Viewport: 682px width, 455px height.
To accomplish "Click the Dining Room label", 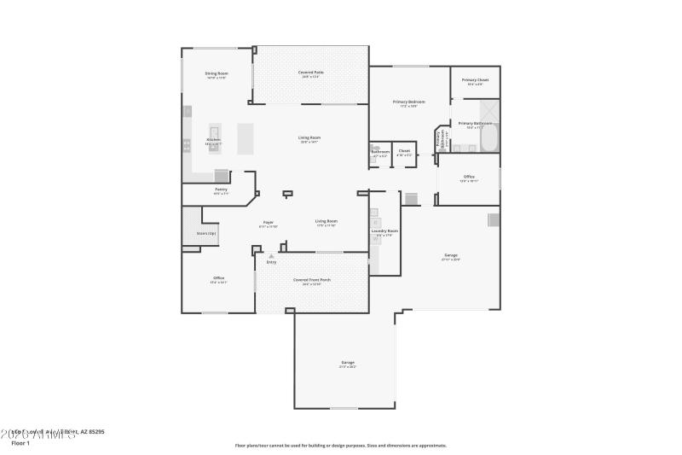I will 217,73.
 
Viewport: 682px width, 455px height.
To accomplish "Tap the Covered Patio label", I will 310,73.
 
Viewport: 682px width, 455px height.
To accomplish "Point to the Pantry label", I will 221,189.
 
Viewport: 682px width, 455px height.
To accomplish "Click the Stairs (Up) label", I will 206,233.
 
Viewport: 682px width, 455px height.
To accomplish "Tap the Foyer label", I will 268,221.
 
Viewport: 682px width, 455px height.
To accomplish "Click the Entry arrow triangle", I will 271,255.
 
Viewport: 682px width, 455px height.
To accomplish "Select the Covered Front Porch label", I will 312,280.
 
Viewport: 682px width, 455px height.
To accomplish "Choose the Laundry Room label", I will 384,230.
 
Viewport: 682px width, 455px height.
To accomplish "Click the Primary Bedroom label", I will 409,102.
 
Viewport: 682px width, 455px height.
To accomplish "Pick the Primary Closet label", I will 475,80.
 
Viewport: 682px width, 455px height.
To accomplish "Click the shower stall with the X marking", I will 490,111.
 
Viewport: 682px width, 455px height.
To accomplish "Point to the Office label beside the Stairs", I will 218,278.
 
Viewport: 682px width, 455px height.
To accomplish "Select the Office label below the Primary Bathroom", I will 469,177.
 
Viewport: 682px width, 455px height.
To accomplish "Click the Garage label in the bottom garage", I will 348,363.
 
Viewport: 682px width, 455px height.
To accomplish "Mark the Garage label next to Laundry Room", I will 451,255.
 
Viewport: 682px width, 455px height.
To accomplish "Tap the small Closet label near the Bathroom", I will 404,151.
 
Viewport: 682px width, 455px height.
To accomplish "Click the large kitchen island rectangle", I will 246,139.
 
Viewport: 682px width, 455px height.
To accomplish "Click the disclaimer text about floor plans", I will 340,445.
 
